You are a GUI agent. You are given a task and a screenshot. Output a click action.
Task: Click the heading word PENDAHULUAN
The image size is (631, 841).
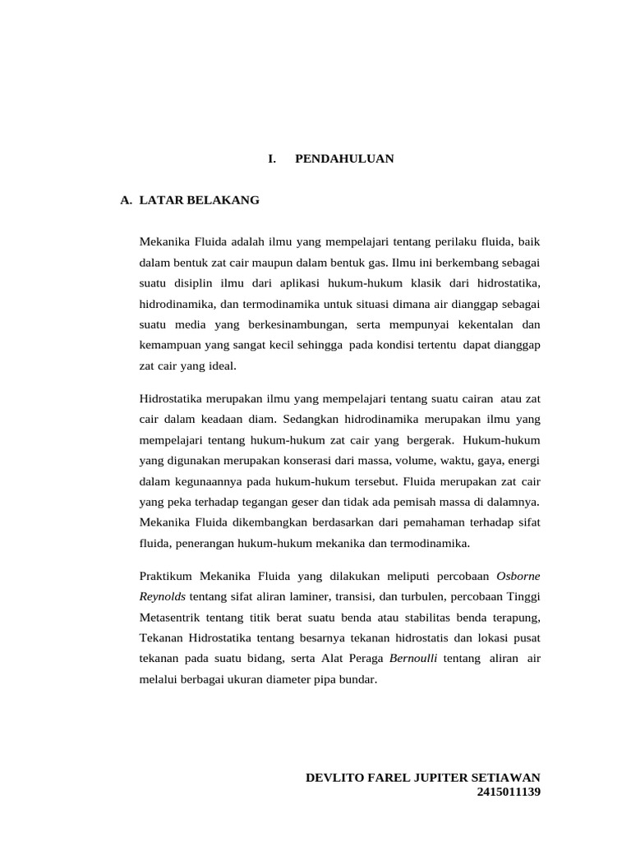coord(344,159)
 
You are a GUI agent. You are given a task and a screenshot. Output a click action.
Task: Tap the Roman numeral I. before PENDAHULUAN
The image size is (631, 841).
coord(272,159)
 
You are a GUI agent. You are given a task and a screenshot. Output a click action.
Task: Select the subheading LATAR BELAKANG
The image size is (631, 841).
coord(200,200)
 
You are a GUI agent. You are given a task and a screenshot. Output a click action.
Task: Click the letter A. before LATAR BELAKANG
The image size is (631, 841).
coord(127,200)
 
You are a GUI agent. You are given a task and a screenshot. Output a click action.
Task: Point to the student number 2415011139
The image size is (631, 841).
coord(509,792)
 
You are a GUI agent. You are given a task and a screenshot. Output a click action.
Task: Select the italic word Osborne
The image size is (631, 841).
coord(519,576)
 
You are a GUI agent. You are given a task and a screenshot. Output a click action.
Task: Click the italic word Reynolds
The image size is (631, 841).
coord(163,595)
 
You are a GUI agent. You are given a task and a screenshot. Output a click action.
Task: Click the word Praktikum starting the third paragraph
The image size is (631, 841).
coord(167,576)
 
